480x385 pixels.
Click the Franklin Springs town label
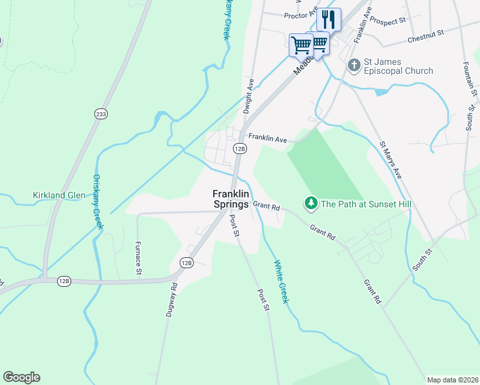click(231, 199)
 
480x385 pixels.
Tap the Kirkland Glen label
click(59, 195)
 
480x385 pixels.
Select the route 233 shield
click(101, 114)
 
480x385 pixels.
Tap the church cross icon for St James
click(354, 65)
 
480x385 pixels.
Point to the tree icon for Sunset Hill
click(311, 204)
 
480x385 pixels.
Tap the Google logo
click(21, 377)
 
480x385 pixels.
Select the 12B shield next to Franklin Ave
click(239, 149)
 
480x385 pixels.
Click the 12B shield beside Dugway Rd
click(186, 262)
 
